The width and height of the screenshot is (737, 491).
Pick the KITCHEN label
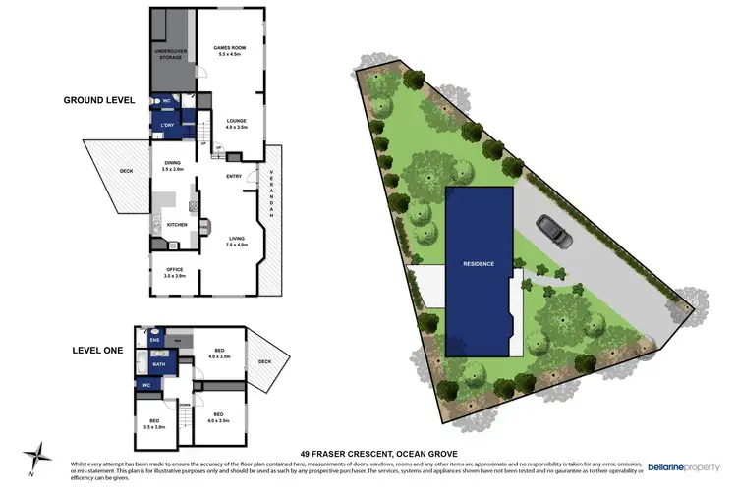click(177, 225)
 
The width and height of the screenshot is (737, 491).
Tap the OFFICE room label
click(174, 272)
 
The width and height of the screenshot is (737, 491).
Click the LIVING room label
click(237, 241)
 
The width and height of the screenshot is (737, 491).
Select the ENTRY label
click(234, 177)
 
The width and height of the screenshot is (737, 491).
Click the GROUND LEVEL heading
click(100, 100)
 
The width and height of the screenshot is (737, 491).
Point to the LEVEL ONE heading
click(98, 350)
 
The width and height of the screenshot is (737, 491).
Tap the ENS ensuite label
click(155, 340)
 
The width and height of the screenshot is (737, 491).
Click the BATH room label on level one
click(159, 365)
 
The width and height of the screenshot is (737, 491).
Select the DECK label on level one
click(264, 361)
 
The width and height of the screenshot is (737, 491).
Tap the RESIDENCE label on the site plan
click(479, 264)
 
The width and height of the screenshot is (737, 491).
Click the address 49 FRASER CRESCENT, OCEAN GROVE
click(368, 453)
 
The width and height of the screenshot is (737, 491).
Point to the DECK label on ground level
click(126, 171)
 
